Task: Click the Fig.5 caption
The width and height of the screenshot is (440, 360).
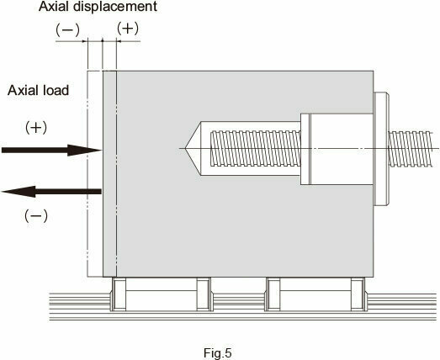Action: point(217,352)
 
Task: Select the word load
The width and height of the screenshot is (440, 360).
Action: point(58,90)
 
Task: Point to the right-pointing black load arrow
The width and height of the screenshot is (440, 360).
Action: point(51,150)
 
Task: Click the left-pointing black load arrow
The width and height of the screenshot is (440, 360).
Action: point(51,192)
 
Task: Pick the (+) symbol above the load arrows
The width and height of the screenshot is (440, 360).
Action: point(36,128)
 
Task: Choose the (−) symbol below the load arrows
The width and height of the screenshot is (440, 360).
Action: point(36,216)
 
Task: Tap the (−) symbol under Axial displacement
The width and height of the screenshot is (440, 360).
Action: point(67,29)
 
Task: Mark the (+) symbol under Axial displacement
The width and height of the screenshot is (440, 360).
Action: point(128,29)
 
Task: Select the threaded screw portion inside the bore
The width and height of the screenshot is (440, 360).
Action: point(256,148)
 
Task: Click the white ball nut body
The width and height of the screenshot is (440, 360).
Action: point(337,149)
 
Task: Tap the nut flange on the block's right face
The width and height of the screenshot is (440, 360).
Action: point(381,149)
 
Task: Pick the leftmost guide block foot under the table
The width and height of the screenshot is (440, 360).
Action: point(119,294)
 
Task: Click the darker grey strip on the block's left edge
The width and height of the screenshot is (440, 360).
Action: point(109,174)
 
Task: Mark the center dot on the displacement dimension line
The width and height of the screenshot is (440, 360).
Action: point(102,41)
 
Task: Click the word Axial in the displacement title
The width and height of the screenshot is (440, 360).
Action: point(55,7)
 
